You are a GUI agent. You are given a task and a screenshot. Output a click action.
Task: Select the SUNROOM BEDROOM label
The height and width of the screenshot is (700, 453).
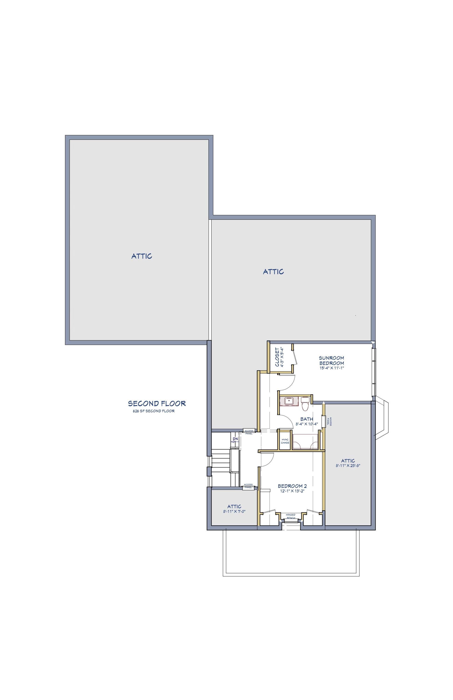(x=331, y=360)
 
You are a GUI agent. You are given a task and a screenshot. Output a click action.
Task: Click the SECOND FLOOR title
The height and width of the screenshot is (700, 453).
(x=157, y=403)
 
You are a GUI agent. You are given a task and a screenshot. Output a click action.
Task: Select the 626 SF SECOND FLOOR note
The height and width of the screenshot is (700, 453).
(x=154, y=411)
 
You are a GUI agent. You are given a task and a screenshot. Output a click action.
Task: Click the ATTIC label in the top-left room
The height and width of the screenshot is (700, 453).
(x=142, y=256)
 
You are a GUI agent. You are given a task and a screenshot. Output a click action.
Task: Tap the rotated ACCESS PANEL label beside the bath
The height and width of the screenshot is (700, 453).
(x=331, y=421)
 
